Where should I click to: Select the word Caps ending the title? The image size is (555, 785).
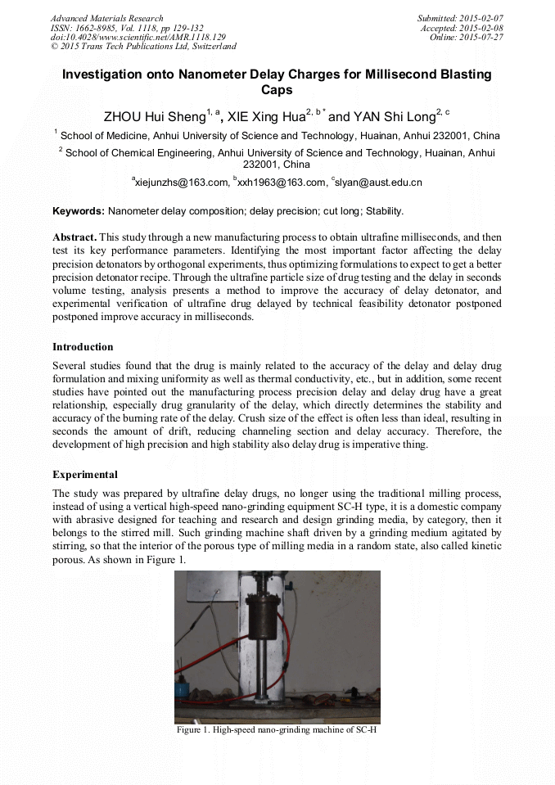click(277, 90)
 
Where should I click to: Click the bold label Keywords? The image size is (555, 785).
click(79, 211)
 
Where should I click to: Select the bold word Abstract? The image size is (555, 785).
click(74, 237)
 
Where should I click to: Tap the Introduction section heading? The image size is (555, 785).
click(83, 347)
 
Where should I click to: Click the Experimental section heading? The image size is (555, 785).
click(85, 475)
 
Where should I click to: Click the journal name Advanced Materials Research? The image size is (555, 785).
click(107, 18)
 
